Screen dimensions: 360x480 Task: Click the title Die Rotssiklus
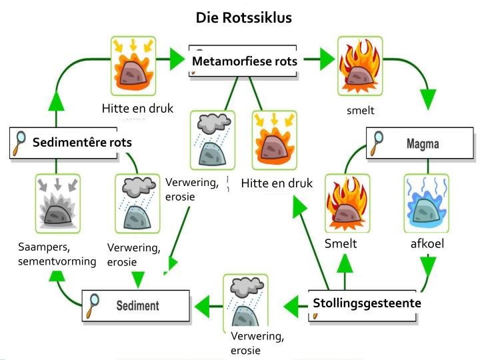click(243, 17)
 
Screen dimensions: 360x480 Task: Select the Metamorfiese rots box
click(244, 61)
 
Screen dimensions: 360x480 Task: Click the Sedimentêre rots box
click(72, 142)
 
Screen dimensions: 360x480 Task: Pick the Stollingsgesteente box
click(366, 303)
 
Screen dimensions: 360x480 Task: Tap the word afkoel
click(427, 244)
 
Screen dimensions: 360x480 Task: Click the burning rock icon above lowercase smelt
click(359, 65)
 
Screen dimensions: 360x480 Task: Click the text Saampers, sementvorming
click(57, 254)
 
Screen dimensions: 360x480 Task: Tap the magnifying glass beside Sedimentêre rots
click(21, 143)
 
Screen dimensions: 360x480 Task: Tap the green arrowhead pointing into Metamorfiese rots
click(177, 60)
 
